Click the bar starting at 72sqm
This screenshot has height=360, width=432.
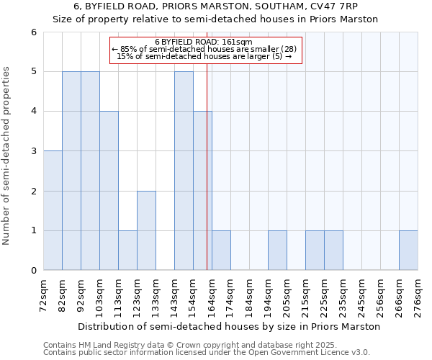point(53,210)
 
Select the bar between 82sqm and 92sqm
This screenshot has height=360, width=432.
point(71,171)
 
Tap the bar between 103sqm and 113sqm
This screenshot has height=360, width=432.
point(109,191)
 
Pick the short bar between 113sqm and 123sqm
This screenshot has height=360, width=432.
point(127,250)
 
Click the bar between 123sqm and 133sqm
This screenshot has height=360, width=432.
point(146,230)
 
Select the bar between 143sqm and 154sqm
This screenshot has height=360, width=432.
point(184,171)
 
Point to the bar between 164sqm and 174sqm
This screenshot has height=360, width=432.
point(221,250)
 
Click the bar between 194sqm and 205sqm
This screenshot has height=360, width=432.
point(277,250)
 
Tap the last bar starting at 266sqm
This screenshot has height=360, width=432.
point(408,250)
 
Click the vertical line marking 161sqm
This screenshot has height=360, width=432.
point(207,180)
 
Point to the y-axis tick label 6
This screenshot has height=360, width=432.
point(33,32)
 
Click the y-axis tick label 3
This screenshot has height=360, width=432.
point(33,151)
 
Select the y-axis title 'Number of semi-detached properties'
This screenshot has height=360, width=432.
point(7,156)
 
